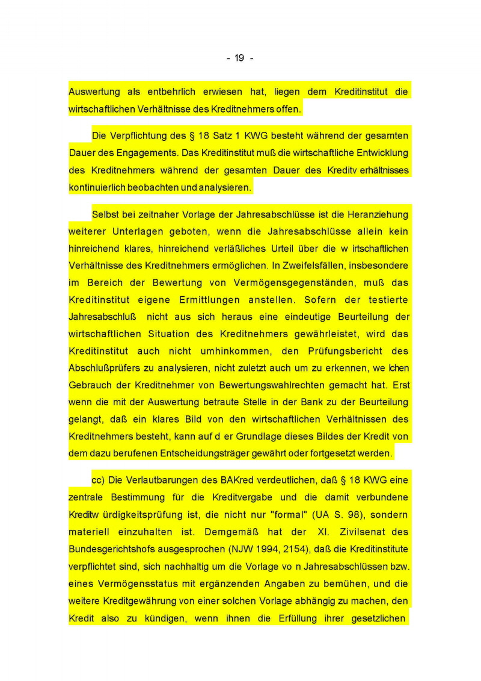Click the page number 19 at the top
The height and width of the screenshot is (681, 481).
[x=239, y=58]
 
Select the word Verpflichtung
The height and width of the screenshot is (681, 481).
[x=136, y=136]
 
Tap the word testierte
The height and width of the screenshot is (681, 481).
[x=387, y=300]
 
